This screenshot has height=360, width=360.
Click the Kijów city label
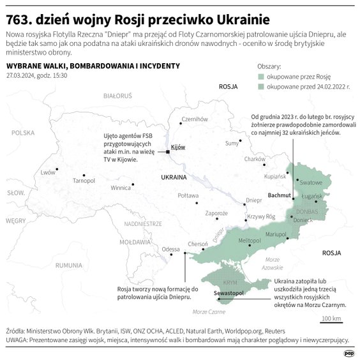coord(178,147)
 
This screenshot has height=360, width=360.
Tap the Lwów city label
coord(48,172)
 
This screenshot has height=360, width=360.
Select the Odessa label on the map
coord(170,249)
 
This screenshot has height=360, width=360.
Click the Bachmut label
coord(278,194)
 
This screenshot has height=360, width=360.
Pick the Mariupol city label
coord(276,235)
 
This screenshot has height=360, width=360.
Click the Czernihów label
coord(195,119)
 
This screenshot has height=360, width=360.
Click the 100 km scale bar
coord(331,318)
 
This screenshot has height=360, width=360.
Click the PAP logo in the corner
coord(349,352)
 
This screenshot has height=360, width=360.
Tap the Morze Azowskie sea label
coord(273,263)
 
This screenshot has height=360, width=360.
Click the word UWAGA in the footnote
coord(17,340)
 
